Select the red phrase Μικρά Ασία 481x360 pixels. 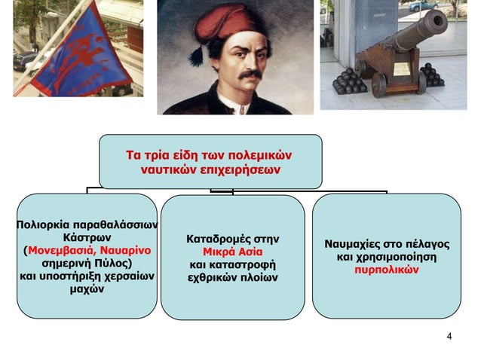tap(233, 252)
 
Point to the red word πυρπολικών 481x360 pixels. tap(386, 271)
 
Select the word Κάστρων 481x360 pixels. tap(86, 237)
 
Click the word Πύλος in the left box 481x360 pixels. tap(112, 264)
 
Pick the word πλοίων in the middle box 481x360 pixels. tap(258, 278)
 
